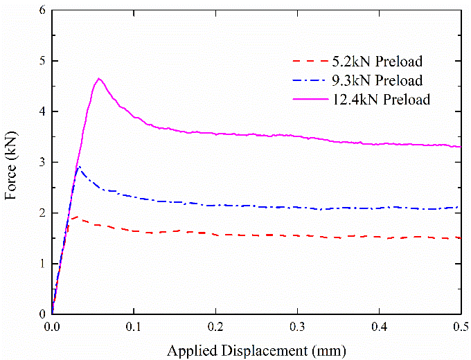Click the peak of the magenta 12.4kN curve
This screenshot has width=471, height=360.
click(x=99, y=78)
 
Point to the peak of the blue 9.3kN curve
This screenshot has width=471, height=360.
click(x=78, y=166)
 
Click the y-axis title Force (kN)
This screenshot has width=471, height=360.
click(x=12, y=162)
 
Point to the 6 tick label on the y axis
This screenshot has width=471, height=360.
click(x=42, y=10)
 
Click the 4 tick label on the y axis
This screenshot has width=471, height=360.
click(x=42, y=111)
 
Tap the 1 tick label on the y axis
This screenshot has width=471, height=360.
click(x=42, y=263)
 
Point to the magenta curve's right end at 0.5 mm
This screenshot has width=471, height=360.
click(x=461, y=147)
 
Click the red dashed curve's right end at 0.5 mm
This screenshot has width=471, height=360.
click(x=461, y=238)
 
